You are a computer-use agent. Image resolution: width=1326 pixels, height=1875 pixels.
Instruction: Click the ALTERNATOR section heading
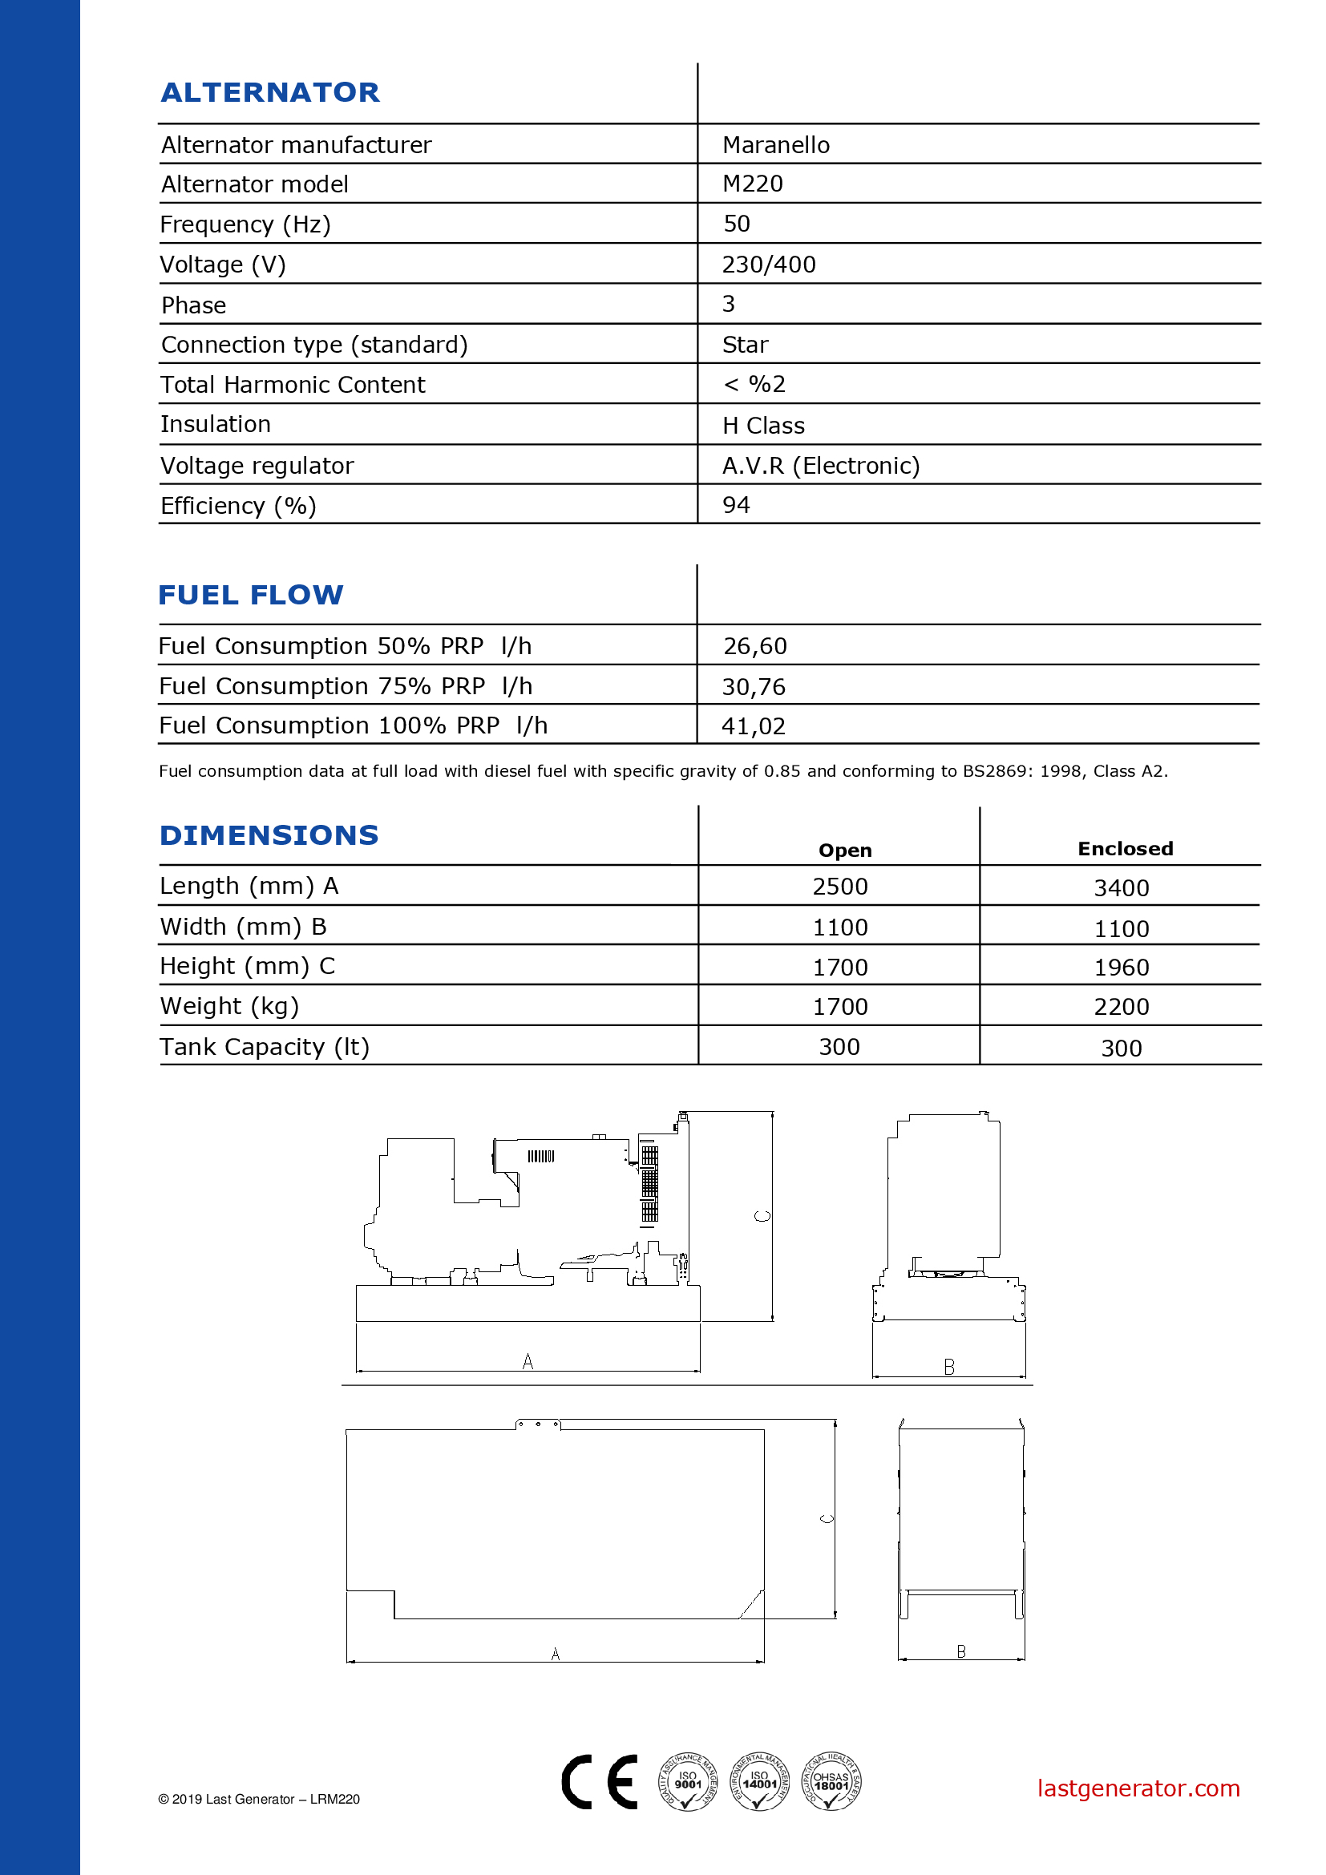[x=270, y=92]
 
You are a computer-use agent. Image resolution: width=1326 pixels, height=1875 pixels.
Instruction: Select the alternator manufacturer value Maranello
[x=776, y=145]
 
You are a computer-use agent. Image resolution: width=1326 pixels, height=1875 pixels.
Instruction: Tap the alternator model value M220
[x=752, y=184]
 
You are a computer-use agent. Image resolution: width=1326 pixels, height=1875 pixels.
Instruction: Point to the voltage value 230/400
[x=768, y=265]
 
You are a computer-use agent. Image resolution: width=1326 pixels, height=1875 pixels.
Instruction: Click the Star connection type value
[x=745, y=345]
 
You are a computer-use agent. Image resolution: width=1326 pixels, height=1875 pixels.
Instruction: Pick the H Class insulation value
[x=763, y=426]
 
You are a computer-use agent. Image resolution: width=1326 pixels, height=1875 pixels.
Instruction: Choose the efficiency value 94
[x=736, y=505]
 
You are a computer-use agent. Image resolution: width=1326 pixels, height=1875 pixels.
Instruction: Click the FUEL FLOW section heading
[x=251, y=595]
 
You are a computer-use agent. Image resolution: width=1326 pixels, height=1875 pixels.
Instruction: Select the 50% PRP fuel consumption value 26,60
[x=754, y=646]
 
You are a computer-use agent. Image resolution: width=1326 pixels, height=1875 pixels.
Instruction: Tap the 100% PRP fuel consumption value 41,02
[x=753, y=726]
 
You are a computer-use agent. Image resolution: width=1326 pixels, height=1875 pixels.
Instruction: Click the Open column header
[x=845, y=850]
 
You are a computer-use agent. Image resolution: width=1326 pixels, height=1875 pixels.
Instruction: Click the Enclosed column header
[x=1125, y=848]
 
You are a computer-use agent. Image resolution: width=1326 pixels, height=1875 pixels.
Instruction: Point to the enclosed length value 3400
[x=1121, y=887]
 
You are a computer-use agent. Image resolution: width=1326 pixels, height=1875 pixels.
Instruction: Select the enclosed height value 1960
[x=1121, y=967]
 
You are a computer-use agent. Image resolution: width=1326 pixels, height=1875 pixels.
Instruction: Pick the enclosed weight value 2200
[x=1121, y=1007]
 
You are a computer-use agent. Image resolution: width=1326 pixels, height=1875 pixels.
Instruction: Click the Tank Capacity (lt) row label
[x=265, y=1047]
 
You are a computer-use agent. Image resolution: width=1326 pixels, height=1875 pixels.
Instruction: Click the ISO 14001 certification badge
[x=758, y=1781]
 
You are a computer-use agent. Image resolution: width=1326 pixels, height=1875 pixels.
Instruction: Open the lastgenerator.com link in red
[x=1138, y=1788]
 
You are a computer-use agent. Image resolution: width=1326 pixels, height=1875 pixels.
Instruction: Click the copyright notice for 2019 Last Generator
[x=259, y=1799]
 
